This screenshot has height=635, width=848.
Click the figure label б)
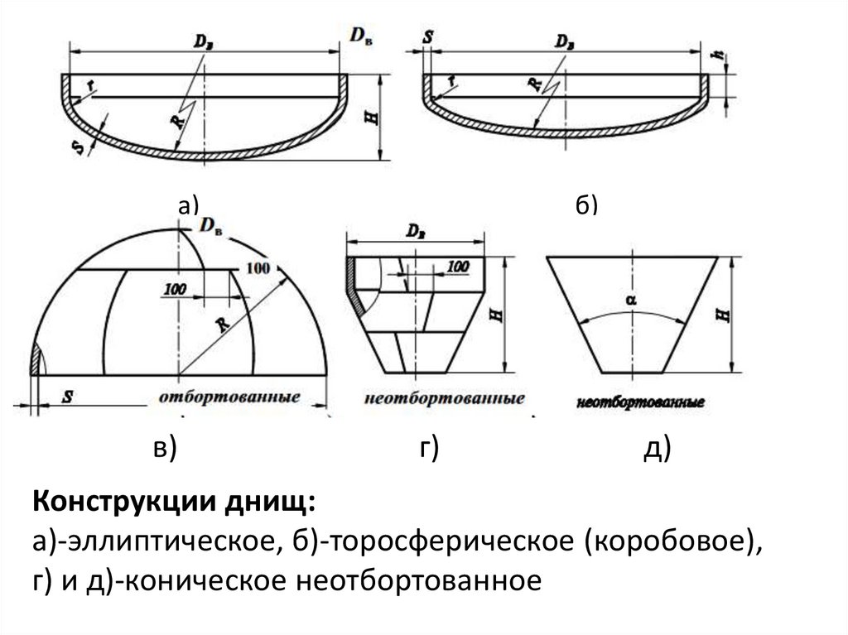pos(585,205)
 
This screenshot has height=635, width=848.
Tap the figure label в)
pos(163,448)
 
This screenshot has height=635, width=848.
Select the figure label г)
pos(427,448)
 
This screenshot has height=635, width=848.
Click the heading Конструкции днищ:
pos(174,502)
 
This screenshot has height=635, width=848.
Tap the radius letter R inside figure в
pos(222,324)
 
